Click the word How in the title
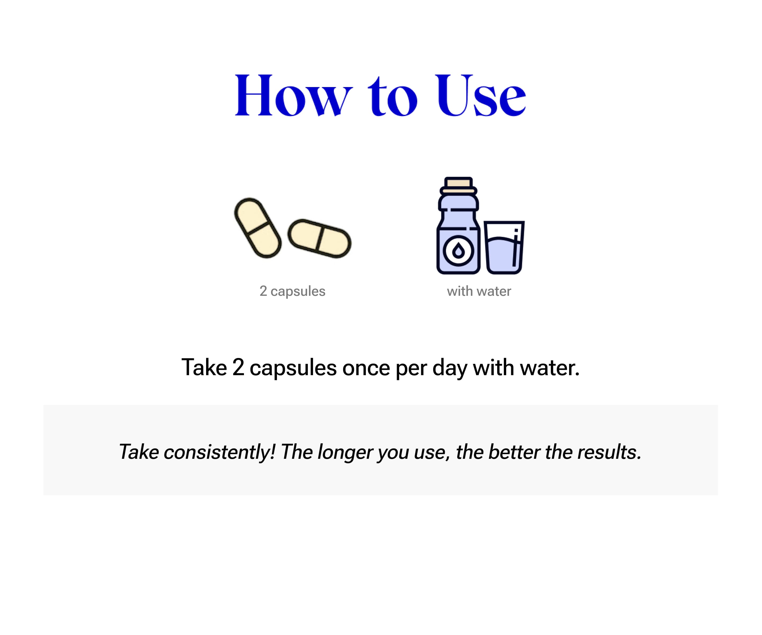coord(294,96)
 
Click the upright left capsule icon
coord(258,228)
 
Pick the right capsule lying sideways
coord(320,238)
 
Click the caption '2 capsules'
coord(292,291)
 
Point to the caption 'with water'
coord(479,291)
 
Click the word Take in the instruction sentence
coord(204,367)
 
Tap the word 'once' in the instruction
coord(366,368)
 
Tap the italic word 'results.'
coord(609,452)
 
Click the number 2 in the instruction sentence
coord(238,367)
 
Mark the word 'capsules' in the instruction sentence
coord(293,368)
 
